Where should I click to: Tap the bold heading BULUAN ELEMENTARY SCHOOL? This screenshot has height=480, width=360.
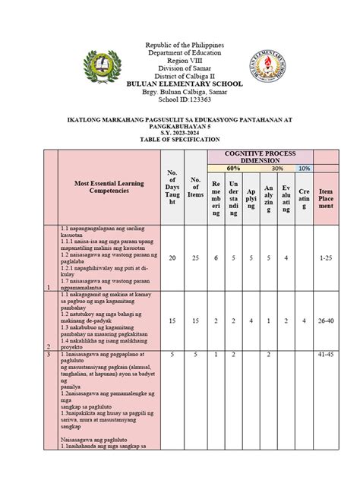(185, 83)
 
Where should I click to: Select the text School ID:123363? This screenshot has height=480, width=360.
(185, 99)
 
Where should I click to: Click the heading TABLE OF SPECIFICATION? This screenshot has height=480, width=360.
(185, 141)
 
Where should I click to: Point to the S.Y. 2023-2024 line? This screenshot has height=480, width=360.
(185, 133)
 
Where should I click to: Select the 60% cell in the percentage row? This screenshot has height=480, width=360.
(233, 168)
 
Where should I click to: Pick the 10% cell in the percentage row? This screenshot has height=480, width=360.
(304, 168)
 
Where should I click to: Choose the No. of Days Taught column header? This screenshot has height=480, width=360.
(171, 187)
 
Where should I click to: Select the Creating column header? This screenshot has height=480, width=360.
(304, 197)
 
